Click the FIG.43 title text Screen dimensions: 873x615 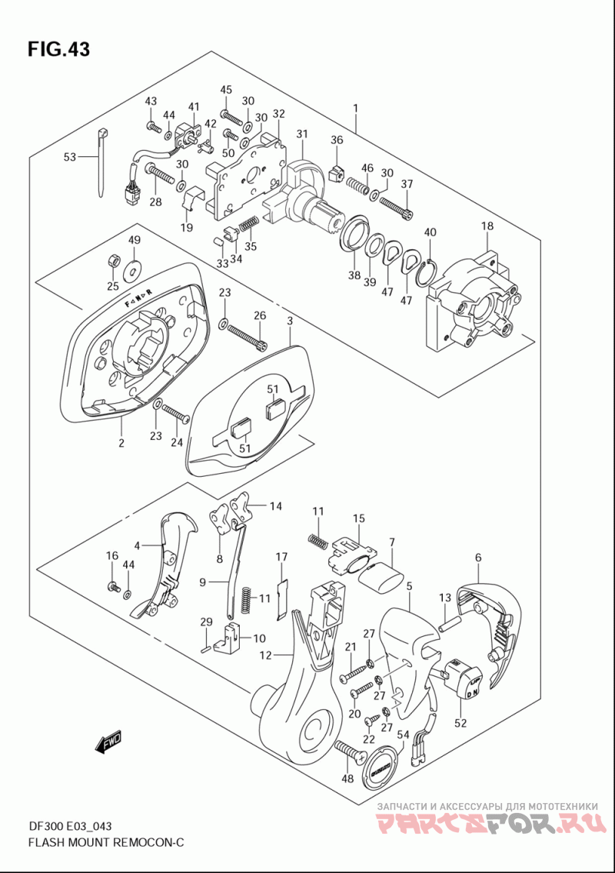[x=58, y=49]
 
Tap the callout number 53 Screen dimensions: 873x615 [x=70, y=158]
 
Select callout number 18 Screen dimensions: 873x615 [x=487, y=226]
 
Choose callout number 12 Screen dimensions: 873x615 [x=266, y=655]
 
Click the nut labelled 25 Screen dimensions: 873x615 [x=112, y=262]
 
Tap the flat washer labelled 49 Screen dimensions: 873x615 [x=135, y=267]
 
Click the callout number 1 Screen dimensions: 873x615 [x=356, y=109]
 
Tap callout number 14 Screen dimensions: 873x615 [x=275, y=505]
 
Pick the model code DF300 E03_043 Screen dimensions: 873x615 [x=70, y=826]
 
